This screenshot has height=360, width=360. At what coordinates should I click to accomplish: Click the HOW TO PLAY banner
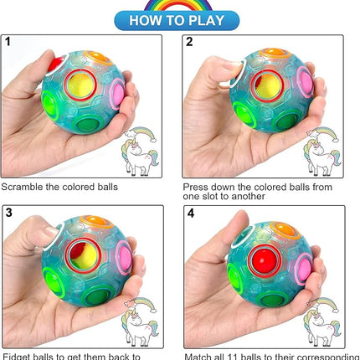[x=180, y=19]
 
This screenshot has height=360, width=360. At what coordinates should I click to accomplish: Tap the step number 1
[x=8, y=42]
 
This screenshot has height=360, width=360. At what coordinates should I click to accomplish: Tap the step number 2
[x=189, y=42]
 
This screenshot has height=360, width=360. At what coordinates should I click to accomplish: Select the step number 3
[x=8, y=213]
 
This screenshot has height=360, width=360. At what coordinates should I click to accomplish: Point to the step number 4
[x=190, y=213]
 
